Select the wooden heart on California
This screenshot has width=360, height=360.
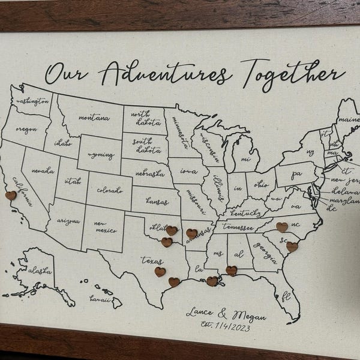(10, 195)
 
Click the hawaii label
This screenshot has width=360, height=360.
(100, 298)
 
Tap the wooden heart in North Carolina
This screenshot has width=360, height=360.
(281, 227)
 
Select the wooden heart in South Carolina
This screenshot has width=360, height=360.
(292, 247)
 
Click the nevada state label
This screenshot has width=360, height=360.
(43, 170)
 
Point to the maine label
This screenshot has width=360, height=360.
(347, 120)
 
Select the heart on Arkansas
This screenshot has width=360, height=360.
(191, 233)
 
